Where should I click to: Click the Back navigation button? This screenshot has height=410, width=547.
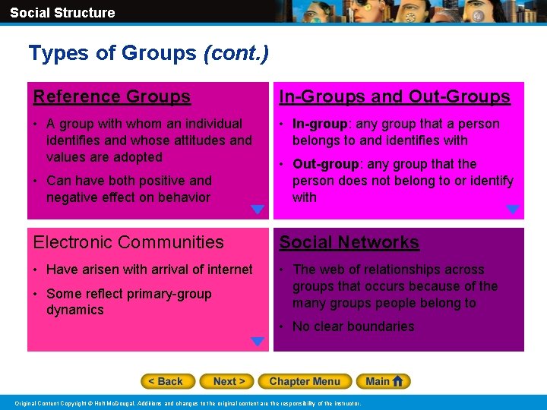pyautogui.click(x=168, y=381)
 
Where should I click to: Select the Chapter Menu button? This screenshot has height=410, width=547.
pyautogui.click(x=305, y=381)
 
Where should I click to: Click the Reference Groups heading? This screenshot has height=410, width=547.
pyautogui.click(x=112, y=96)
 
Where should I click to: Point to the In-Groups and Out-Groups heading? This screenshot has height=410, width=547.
pyautogui.click(x=394, y=96)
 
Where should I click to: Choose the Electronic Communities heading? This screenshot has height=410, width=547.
pyautogui.click(x=128, y=242)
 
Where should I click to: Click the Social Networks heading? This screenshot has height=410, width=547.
pyautogui.click(x=349, y=242)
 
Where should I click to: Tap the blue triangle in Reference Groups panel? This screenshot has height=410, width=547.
pyautogui.click(x=258, y=210)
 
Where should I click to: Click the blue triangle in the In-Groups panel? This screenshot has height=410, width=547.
pyautogui.click(x=513, y=210)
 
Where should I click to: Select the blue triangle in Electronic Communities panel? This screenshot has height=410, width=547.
pyautogui.click(x=258, y=342)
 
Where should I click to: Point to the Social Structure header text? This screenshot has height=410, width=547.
pyautogui.click(x=62, y=12)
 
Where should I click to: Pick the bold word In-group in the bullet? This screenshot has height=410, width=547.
pyautogui.click(x=318, y=124)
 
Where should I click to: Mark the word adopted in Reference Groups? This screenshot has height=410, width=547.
pyautogui.click(x=137, y=157)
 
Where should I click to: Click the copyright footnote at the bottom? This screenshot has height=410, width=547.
pyautogui.click(x=189, y=402)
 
